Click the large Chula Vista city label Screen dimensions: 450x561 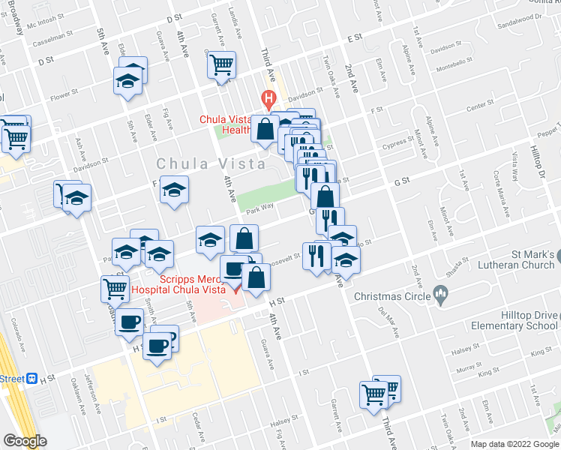point(211,163)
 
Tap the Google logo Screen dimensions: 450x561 point(25,441)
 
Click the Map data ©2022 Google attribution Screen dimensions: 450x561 point(514,443)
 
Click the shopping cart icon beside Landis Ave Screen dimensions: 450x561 point(222,65)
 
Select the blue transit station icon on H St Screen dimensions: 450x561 point(31,379)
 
